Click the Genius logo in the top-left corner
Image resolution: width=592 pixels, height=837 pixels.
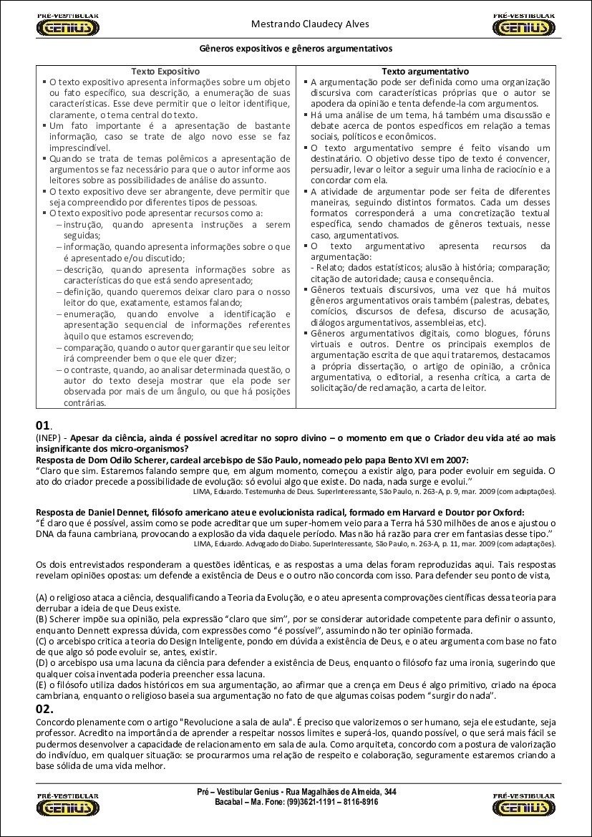(67, 25)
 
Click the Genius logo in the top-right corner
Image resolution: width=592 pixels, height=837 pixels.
(524, 25)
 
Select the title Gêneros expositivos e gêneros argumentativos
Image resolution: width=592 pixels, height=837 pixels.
(296, 49)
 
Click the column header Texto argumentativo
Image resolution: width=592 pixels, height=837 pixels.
(425, 72)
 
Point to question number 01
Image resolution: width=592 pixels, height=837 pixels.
(43, 426)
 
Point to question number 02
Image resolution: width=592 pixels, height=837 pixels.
(44, 708)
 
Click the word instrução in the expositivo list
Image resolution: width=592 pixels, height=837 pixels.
(83, 224)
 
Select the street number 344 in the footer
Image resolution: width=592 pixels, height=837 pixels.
(389, 791)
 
